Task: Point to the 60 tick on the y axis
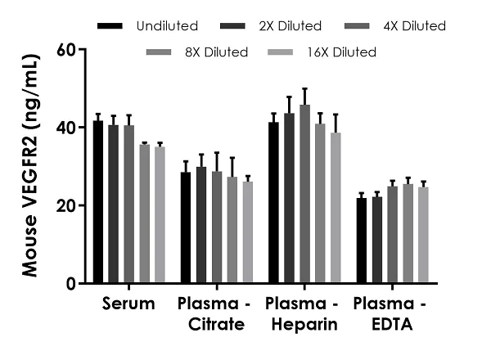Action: point(82,49)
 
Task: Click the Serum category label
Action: point(129,304)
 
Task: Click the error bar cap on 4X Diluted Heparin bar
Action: point(305,88)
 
